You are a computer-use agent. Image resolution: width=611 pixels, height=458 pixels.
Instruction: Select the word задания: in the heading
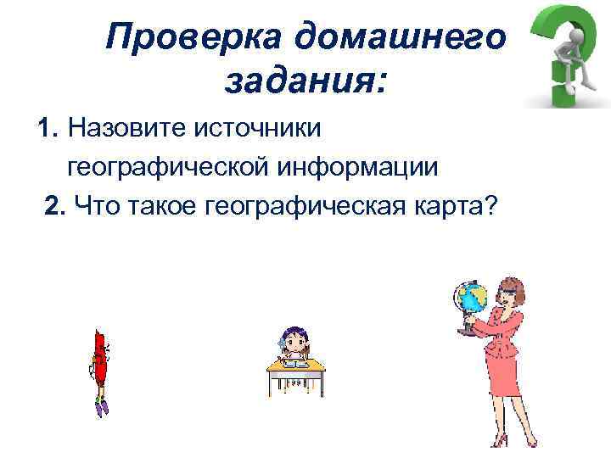(x=305, y=82)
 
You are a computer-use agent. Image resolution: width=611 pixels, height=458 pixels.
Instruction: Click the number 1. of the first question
(x=48, y=129)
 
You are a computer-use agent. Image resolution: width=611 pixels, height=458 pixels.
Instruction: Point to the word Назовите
(x=126, y=129)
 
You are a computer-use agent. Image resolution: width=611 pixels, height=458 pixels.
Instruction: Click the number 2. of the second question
(x=56, y=204)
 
